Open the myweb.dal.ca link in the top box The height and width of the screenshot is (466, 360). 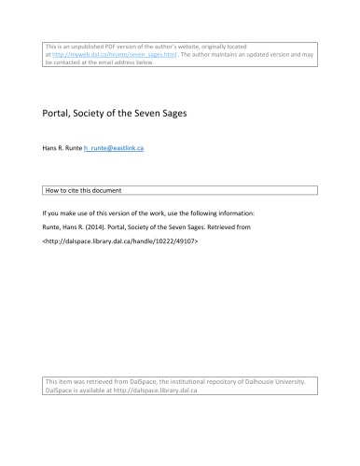click(x=101, y=55)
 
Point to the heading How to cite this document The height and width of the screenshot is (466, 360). click(x=88, y=189)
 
